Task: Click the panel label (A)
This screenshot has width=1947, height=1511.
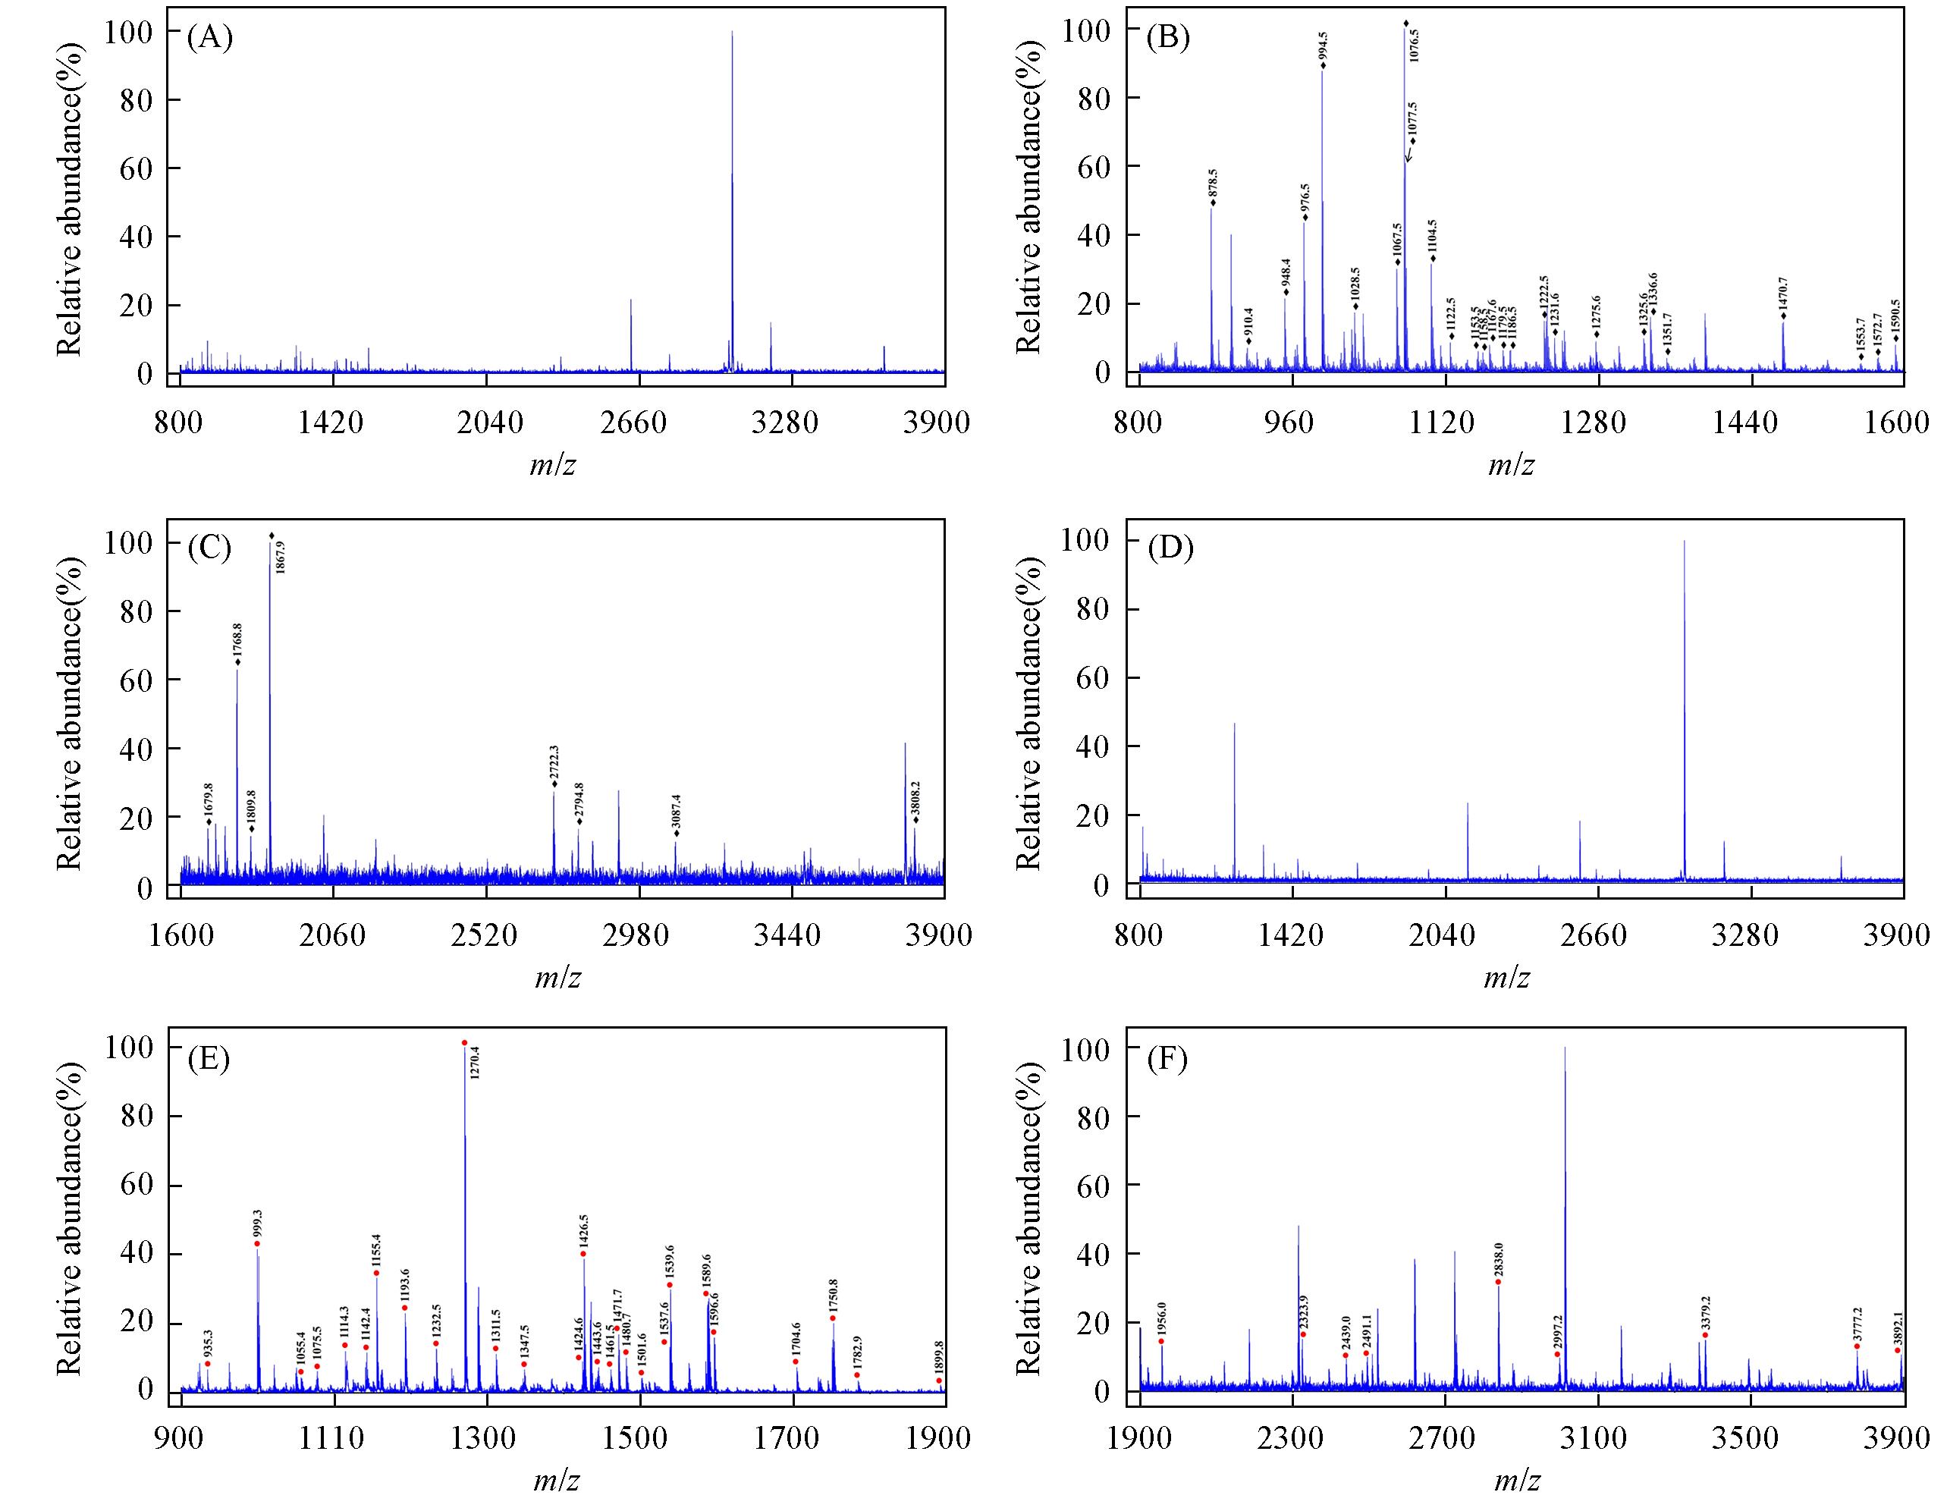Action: (209, 39)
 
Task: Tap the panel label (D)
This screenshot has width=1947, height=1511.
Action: (1170, 548)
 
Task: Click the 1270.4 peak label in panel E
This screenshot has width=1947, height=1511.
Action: (474, 1063)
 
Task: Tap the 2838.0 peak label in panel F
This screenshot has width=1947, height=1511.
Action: (1499, 1262)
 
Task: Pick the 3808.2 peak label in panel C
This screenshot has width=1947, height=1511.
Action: (915, 799)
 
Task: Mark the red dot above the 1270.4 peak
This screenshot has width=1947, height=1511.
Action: (464, 1042)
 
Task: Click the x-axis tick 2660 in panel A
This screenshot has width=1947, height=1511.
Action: (633, 422)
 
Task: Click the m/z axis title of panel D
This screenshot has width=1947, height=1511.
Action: (1506, 979)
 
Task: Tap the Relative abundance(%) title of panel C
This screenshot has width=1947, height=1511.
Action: (70, 712)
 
